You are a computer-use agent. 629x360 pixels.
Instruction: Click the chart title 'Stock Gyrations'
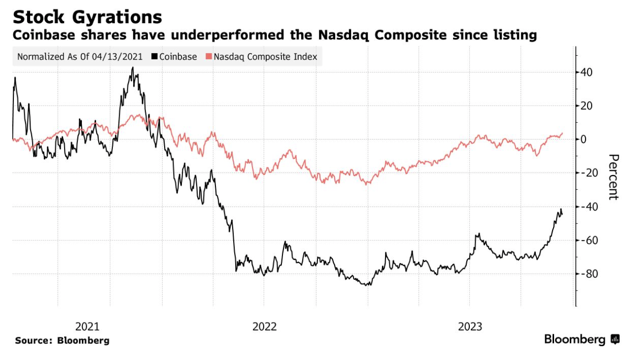(x=87, y=17)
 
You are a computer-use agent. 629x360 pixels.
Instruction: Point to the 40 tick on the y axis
(x=586, y=72)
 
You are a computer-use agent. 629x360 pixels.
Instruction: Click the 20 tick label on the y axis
(x=586, y=106)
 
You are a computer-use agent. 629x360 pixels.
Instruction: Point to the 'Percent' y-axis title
(x=613, y=177)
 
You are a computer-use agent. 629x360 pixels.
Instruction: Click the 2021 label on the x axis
(x=87, y=326)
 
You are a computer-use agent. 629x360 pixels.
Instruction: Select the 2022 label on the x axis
(x=265, y=326)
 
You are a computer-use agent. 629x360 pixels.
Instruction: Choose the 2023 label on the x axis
(x=471, y=326)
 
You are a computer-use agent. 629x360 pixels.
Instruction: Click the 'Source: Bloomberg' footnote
(x=62, y=341)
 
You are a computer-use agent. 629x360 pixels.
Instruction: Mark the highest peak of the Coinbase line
(x=133, y=68)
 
